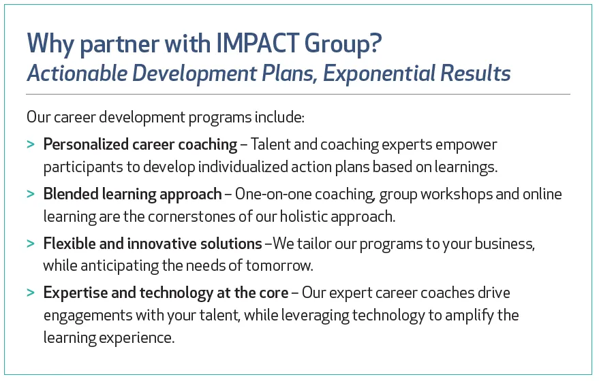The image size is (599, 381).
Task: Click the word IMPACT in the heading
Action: click(x=258, y=43)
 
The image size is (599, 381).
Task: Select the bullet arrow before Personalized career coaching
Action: click(x=31, y=144)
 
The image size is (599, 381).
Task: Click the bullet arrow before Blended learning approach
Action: click(x=31, y=194)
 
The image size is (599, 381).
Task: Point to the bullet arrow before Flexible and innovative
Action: click(x=31, y=244)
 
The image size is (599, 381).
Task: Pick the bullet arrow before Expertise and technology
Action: click(x=31, y=293)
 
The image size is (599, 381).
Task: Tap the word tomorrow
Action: click(x=279, y=266)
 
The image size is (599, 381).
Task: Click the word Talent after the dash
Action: click(x=270, y=144)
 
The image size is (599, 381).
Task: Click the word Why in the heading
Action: click(x=50, y=44)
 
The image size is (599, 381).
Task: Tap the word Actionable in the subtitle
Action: click(x=77, y=73)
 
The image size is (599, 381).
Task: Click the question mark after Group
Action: click(x=376, y=43)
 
